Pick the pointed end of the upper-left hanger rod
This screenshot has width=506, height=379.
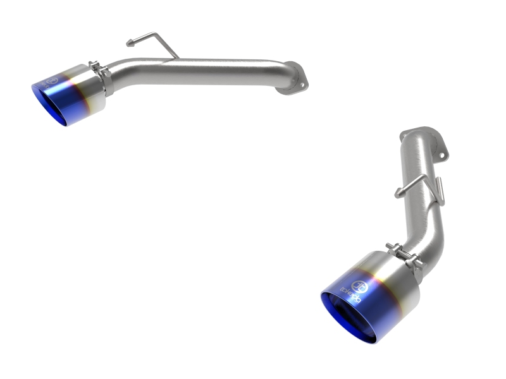tap(128, 44)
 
